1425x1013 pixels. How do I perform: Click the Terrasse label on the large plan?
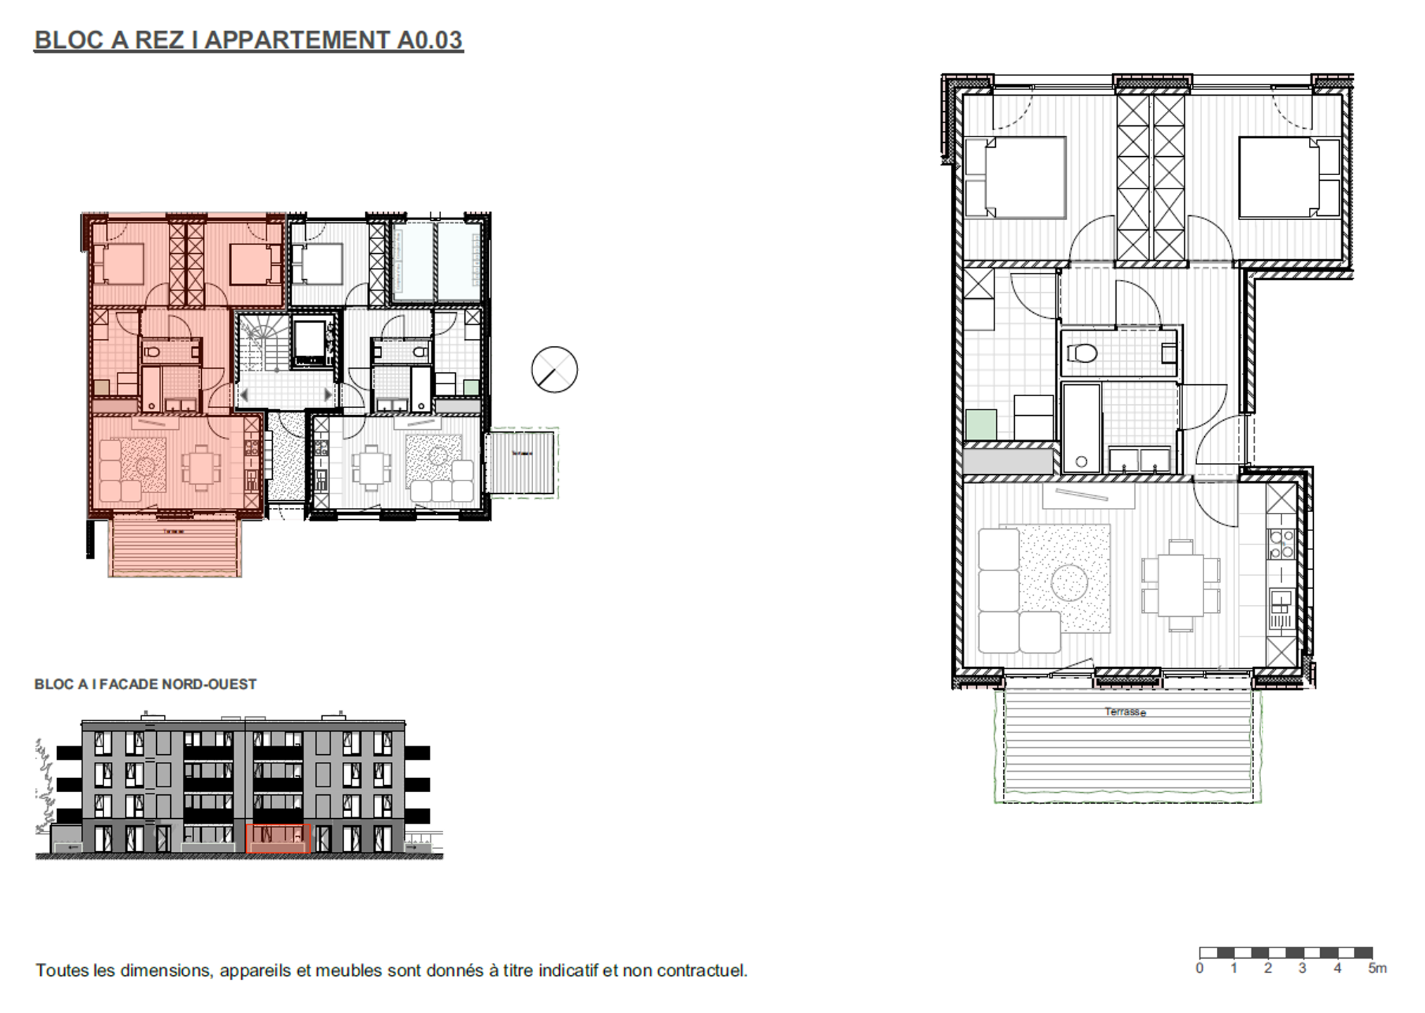(x=1125, y=712)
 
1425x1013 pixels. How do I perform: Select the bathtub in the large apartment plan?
(x=1080, y=428)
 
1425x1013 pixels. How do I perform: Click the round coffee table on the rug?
(x=1069, y=582)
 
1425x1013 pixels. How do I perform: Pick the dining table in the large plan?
(x=1180, y=585)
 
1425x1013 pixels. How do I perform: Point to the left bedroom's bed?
(x=1015, y=177)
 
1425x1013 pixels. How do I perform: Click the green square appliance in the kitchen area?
(x=980, y=424)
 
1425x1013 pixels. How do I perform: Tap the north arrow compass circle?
(x=554, y=369)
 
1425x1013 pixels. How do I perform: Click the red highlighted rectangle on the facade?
(x=278, y=839)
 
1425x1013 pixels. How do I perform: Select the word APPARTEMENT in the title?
(x=296, y=40)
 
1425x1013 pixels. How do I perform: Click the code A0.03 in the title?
(x=430, y=40)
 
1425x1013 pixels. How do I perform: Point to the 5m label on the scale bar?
(x=1377, y=969)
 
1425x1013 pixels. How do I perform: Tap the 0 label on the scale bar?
(x=1199, y=969)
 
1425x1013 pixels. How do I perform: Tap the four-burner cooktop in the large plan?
(x=1281, y=544)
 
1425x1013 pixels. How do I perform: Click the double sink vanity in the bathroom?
(x=1139, y=461)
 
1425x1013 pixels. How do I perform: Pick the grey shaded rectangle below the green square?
(x=1008, y=461)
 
